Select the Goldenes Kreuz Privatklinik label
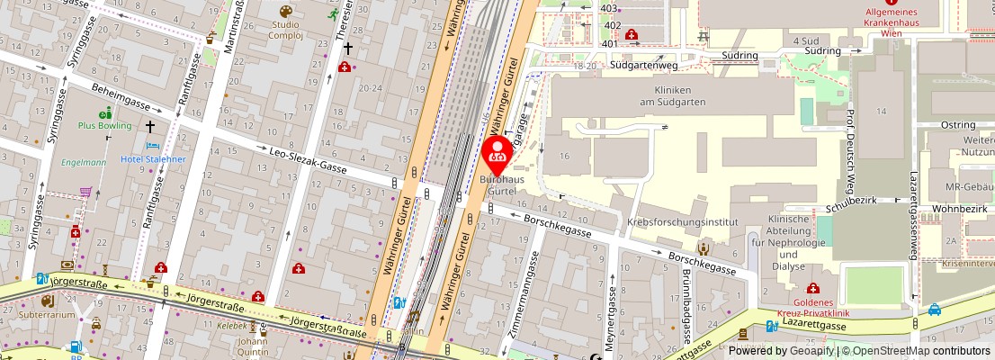pos(812,307)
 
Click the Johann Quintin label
pos(253,346)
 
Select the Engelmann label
pos(84,163)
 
